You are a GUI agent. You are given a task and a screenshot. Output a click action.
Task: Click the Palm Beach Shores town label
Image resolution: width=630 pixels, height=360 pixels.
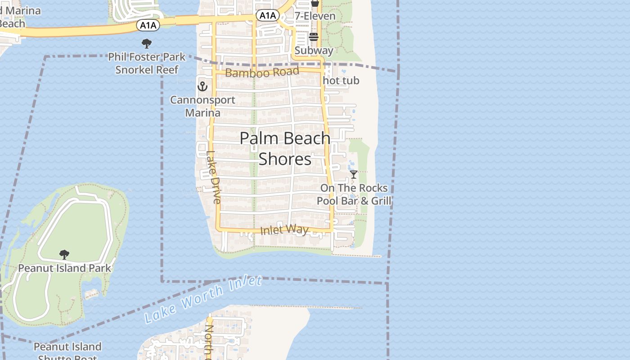(285, 148)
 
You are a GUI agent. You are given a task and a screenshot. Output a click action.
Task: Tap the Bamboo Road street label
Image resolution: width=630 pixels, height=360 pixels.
(262, 72)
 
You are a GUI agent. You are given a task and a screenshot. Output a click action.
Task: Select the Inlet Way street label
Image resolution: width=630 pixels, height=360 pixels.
(284, 230)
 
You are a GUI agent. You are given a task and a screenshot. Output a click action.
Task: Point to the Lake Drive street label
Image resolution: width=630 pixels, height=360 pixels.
(213, 177)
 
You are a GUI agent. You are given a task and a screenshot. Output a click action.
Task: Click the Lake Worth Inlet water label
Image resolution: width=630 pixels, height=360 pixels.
(203, 299)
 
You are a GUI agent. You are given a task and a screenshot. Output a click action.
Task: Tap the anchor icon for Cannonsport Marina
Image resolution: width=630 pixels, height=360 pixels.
(202, 86)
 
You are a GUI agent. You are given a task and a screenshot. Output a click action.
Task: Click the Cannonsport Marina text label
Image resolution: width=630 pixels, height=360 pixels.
(202, 106)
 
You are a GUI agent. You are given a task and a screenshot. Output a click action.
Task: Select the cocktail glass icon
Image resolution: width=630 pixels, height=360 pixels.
(354, 174)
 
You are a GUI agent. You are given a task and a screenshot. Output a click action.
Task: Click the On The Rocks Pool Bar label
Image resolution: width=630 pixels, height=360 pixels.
(354, 194)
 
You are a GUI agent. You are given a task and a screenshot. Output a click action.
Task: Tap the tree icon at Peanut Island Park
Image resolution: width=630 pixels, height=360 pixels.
(64, 255)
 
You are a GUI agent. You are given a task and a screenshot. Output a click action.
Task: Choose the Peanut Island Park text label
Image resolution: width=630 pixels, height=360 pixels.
(64, 268)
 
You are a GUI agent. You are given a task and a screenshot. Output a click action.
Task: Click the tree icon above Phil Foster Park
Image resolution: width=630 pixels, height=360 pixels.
(146, 44)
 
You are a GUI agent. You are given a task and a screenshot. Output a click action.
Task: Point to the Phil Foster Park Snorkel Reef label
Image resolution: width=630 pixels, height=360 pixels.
(147, 63)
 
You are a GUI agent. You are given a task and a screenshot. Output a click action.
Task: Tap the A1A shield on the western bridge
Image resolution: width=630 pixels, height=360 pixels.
(148, 26)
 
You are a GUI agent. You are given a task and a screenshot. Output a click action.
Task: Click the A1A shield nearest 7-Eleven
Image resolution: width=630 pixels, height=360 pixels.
(267, 16)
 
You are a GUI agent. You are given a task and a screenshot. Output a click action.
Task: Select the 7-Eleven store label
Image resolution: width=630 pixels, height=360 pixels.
(315, 16)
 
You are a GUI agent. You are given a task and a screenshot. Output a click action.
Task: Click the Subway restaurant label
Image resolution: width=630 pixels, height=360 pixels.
(314, 50)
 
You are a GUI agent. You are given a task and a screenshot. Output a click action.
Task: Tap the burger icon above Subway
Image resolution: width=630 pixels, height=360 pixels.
(314, 37)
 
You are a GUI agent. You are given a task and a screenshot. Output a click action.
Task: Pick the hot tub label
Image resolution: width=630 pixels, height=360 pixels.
(341, 81)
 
